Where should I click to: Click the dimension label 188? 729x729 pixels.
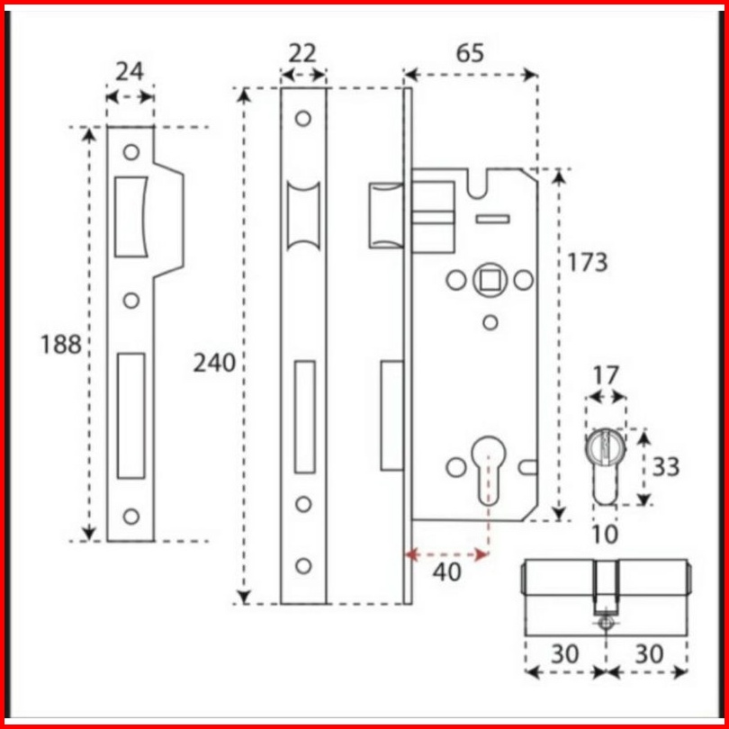tap(61, 345)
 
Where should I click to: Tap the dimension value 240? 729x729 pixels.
tap(214, 363)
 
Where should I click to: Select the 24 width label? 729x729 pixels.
tap(130, 72)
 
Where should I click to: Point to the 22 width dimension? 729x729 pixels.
tap(302, 53)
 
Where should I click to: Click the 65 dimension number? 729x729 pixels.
tap(470, 53)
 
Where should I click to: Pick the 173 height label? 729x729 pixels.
tap(588, 262)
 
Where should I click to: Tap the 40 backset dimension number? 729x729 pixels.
tap(446, 571)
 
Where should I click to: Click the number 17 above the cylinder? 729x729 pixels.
tap(607, 375)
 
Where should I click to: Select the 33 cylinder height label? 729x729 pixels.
tap(666, 466)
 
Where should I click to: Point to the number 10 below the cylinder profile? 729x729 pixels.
tap(605, 535)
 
